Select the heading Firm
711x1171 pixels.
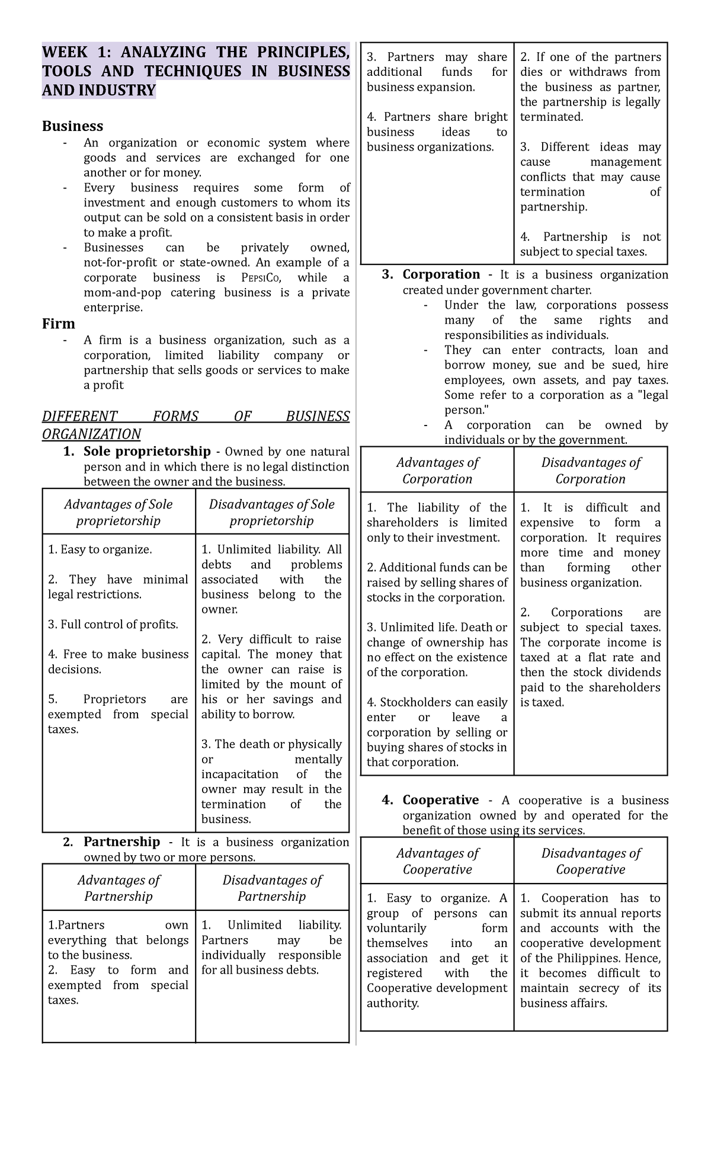coord(58,324)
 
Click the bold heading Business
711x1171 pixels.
coord(72,126)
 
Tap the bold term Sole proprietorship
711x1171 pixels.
coord(147,452)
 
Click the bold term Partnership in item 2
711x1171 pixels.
coord(121,842)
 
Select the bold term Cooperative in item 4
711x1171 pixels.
coord(440,800)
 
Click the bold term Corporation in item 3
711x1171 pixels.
coord(441,274)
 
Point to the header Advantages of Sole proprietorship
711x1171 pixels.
coord(118,513)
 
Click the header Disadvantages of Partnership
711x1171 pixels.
coord(272,888)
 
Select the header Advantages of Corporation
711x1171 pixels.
coord(437,471)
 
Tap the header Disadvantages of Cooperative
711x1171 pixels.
coord(591,861)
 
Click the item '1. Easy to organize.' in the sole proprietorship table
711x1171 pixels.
coord(100,549)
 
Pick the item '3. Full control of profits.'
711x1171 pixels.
coord(113,624)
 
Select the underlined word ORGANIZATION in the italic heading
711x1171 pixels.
coord(91,434)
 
